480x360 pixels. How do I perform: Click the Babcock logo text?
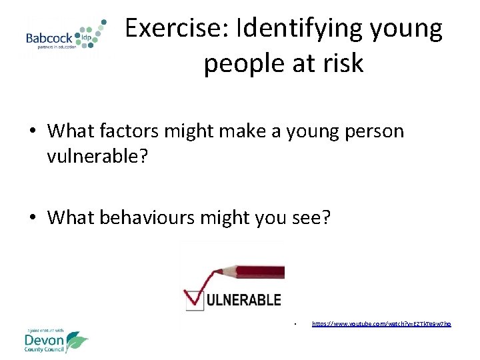tap(49, 38)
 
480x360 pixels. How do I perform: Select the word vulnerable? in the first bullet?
tap(93, 157)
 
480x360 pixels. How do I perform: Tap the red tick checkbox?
tap(193, 299)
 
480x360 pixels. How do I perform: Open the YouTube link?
tap(381, 324)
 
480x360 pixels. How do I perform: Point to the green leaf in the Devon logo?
tap(77, 341)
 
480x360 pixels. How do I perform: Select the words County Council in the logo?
tap(45, 351)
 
